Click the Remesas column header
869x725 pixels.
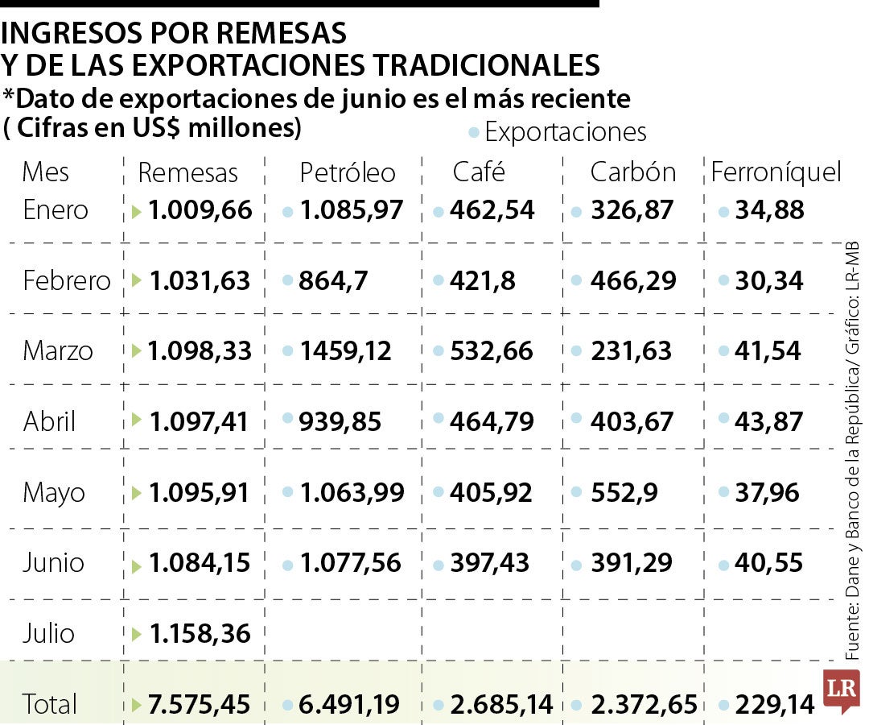point(187,172)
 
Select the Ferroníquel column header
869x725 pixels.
point(776,172)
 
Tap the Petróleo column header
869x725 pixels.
point(348,172)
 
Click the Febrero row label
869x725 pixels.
point(67,280)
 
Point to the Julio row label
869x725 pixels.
point(48,633)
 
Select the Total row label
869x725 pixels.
point(50,704)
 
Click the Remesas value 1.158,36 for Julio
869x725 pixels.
point(200,633)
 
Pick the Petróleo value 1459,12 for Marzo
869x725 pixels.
point(346,351)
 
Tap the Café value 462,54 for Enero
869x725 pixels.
point(492,210)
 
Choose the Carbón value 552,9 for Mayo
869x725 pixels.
point(623,492)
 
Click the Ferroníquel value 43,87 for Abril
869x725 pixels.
point(768,421)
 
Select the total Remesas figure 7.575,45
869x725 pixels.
point(200,704)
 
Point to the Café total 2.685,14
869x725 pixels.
point(501,704)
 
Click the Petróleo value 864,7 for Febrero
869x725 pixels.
point(333,280)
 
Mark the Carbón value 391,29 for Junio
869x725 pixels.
point(631,562)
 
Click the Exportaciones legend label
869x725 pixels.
point(566,132)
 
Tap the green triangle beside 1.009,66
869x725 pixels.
point(137,211)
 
